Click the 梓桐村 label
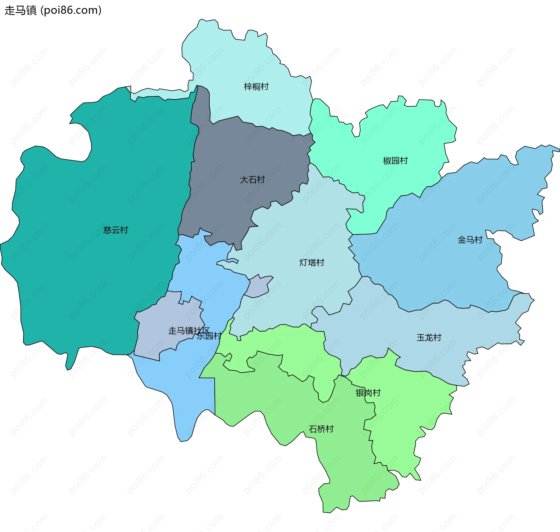[256, 87]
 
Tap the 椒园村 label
[395, 161]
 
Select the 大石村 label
[252, 180]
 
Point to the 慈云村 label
[116, 230]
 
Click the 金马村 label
[470, 240]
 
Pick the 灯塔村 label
[312, 263]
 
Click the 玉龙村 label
[429, 338]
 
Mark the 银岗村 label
[368, 393]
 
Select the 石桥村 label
[321, 429]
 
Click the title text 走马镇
[20, 10]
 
